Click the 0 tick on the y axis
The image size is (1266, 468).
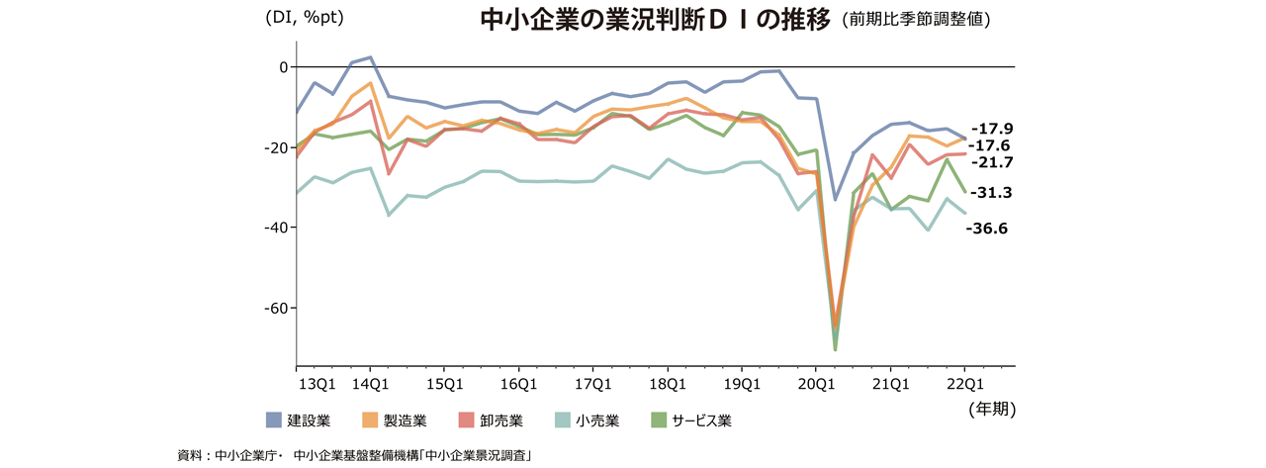[283, 67]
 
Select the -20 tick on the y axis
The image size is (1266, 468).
[276, 147]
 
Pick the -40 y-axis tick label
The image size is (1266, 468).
[276, 228]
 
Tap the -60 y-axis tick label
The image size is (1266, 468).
[276, 308]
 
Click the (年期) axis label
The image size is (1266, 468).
[990, 407]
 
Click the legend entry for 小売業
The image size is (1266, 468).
[590, 421]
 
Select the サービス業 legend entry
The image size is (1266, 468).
[692, 421]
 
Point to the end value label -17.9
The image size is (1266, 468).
[992, 129]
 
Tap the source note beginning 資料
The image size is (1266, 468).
[354, 454]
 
